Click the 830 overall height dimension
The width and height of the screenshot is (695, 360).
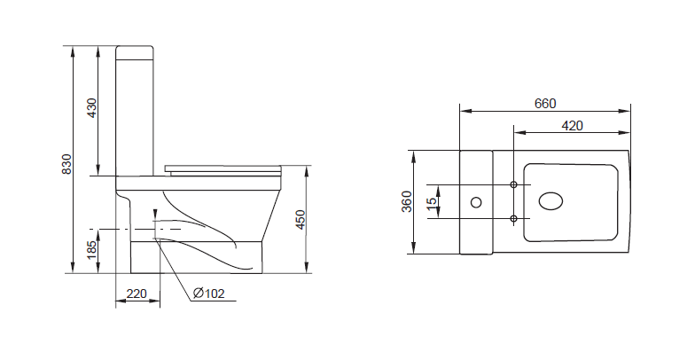[66, 164]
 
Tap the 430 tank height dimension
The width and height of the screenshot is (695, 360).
[92, 108]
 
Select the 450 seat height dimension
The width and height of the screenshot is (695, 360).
[301, 220]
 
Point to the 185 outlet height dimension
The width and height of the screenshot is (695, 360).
[91, 250]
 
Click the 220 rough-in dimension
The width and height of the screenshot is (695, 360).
[137, 293]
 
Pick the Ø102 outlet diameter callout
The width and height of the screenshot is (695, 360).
[209, 293]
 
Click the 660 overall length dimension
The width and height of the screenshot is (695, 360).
[544, 103]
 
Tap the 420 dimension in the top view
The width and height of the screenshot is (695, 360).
[573, 126]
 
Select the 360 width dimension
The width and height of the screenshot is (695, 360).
[407, 201]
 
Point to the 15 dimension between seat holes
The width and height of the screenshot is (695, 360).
[432, 201]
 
